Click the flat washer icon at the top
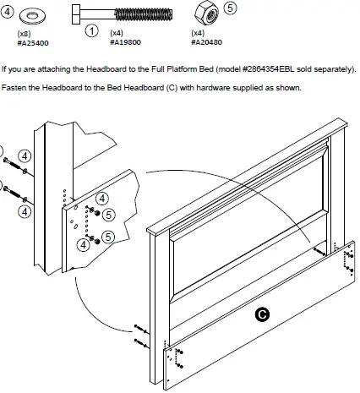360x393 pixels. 38,15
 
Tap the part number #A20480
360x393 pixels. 207,41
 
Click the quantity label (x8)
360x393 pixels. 26,32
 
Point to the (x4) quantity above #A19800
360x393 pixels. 117,32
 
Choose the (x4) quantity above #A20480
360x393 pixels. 199,32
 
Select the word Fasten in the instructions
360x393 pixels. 15,88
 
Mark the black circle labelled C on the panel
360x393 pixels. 263,314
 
